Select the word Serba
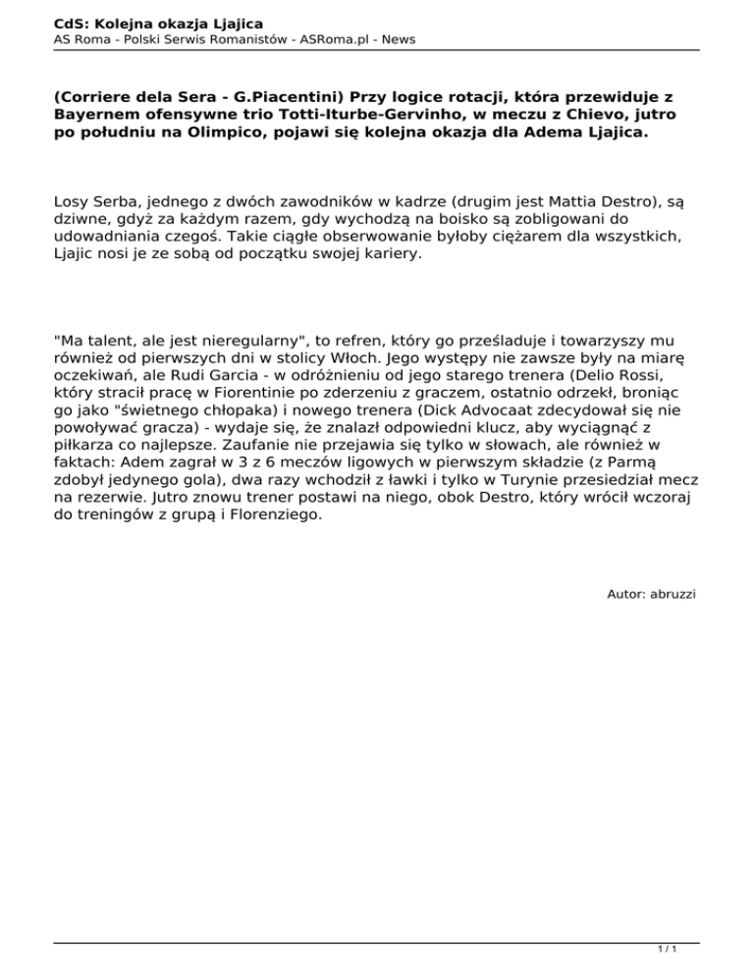point(116,202)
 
